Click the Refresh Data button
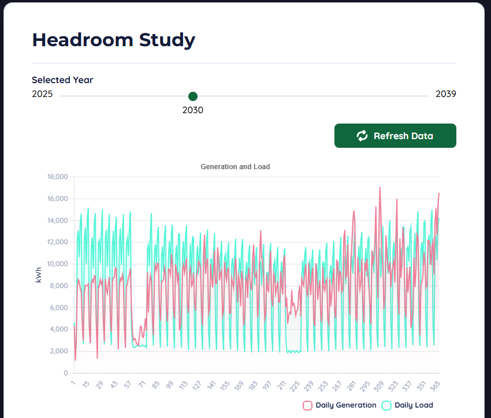(x=395, y=136)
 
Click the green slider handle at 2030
(x=193, y=96)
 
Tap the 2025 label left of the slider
(x=42, y=94)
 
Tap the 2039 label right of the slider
(x=446, y=94)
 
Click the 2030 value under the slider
(x=193, y=110)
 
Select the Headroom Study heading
(x=114, y=40)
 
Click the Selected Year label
(x=62, y=80)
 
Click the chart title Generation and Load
(x=235, y=167)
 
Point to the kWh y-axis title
(x=39, y=275)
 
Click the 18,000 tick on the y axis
(x=57, y=177)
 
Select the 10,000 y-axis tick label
(x=57, y=264)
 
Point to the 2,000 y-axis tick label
(x=59, y=351)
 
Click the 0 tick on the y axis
(x=66, y=373)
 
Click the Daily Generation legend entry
(x=340, y=405)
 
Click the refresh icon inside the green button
(x=362, y=136)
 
